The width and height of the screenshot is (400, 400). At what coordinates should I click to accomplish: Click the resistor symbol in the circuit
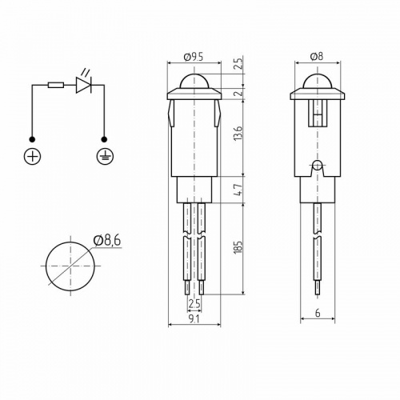(x=56, y=83)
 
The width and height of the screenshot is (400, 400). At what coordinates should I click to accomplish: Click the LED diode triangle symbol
(x=83, y=83)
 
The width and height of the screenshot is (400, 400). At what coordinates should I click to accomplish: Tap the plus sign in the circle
(x=32, y=156)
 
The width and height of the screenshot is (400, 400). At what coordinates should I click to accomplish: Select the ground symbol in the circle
(x=103, y=156)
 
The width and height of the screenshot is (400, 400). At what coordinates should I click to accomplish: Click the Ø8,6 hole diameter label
(x=106, y=239)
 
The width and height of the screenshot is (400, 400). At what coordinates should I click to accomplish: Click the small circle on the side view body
(x=318, y=166)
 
